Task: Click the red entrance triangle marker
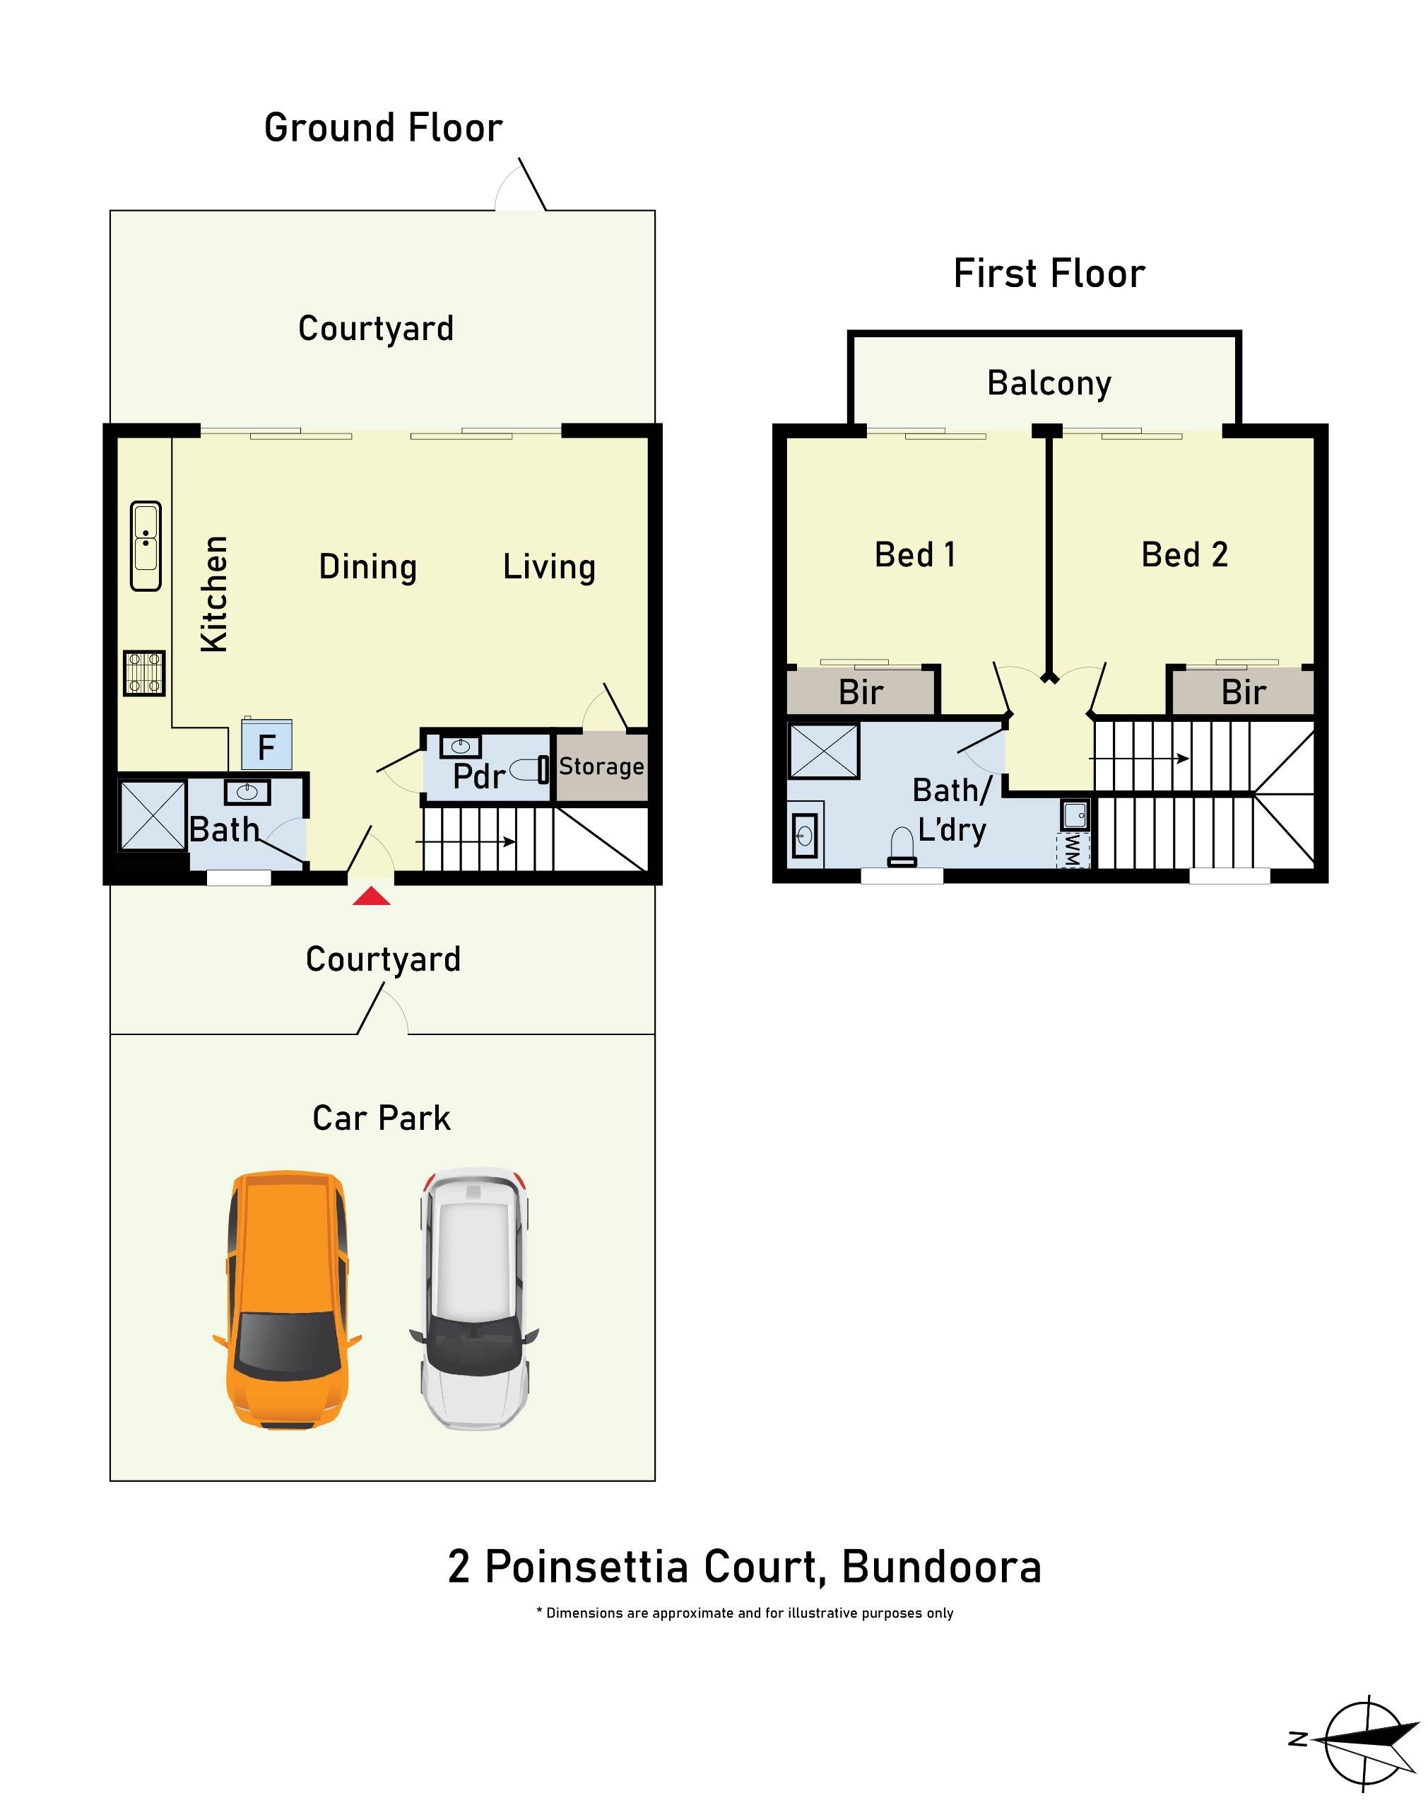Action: (371, 897)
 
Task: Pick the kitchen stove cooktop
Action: (145, 672)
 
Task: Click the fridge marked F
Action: (266, 745)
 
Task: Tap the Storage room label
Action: (601, 766)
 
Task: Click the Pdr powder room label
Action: (478, 776)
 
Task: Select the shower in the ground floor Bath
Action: (151, 814)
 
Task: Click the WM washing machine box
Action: (1074, 850)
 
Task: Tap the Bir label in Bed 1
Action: (861, 693)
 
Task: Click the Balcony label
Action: (1049, 383)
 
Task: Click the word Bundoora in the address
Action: (940, 1567)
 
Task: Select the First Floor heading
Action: (1049, 274)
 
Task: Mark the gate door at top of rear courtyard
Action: (521, 188)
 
